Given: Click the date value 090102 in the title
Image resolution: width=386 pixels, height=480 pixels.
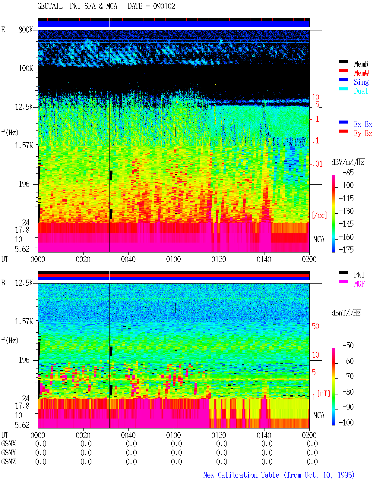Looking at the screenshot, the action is tap(164, 6).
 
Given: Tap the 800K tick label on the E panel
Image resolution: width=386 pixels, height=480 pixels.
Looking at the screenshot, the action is tap(26, 30).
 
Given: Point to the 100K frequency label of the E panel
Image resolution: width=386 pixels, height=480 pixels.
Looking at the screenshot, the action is tap(26, 68).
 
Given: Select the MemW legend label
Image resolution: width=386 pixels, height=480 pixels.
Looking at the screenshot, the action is tap(361, 73).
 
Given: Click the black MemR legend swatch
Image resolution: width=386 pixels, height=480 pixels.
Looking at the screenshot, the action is tap(343, 62).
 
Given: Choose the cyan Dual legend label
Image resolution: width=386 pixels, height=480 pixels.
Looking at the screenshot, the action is tap(361, 91).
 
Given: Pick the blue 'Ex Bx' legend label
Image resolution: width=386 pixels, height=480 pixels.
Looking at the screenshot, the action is tap(363, 124).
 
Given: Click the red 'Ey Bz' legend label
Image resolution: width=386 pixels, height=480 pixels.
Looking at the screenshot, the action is tap(363, 133).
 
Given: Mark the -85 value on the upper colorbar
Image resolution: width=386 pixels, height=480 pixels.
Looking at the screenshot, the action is tap(348, 172).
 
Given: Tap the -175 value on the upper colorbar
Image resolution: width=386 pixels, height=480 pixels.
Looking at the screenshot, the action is tap(346, 249).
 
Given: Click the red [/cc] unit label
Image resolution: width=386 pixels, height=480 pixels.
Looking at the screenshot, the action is tap(319, 215).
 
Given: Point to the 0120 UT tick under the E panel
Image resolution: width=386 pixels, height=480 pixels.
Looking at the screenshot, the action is tap(219, 259).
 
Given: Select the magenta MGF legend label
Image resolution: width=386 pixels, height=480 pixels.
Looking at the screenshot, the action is tap(359, 284).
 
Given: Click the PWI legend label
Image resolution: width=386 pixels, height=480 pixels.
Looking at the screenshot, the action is tap(359, 275).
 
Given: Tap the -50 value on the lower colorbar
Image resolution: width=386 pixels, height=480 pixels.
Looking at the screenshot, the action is tap(348, 346).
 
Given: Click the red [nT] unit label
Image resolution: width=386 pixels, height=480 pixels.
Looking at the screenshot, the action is tap(324, 394).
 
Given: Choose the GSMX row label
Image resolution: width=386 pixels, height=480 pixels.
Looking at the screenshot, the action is tap(8, 444).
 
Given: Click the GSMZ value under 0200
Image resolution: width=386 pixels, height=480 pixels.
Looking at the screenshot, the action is tap(312, 462).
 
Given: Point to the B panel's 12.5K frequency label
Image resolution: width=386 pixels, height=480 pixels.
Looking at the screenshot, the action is tap(24, 283).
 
